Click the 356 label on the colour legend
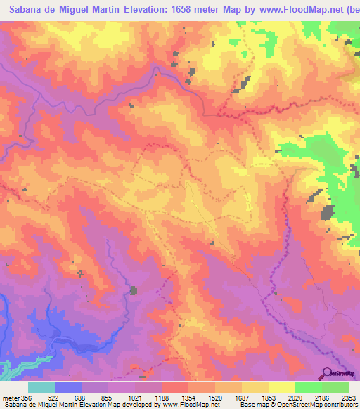click(27, 398)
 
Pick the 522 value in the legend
click(54, 398)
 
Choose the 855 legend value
click(108, 398)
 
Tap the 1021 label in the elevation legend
click(134, 398)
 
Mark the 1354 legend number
click(188, 398)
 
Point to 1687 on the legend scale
click(241, 398)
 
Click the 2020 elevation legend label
click(295, 398)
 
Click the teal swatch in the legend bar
click(41, 387)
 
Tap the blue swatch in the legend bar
click(68, 387)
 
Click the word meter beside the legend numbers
click(10, 398)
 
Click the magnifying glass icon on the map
click(328, 372)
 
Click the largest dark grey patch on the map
click(328, 213)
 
